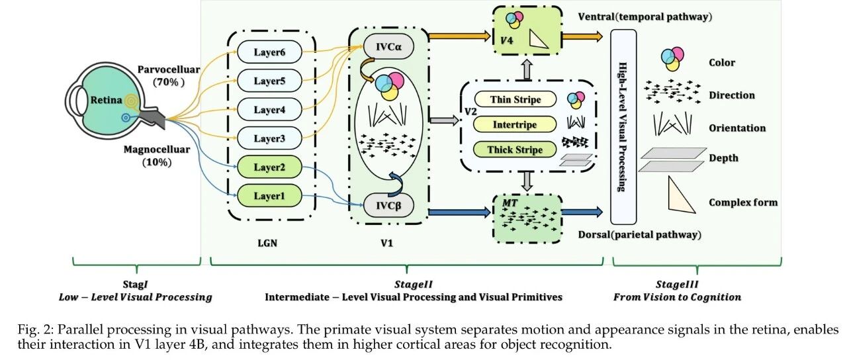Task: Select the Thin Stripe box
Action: [x=516, y=100]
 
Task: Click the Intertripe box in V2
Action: [x=516, y=124]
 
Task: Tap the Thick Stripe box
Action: [x=516, y=150]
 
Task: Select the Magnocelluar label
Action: [x=157, y=150]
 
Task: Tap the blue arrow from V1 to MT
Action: [x=459, y=212]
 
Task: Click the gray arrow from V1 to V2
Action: [x=443, y=120]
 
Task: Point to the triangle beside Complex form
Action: [x=684, y=197]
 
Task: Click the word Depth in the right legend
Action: [x=723, y=158]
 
